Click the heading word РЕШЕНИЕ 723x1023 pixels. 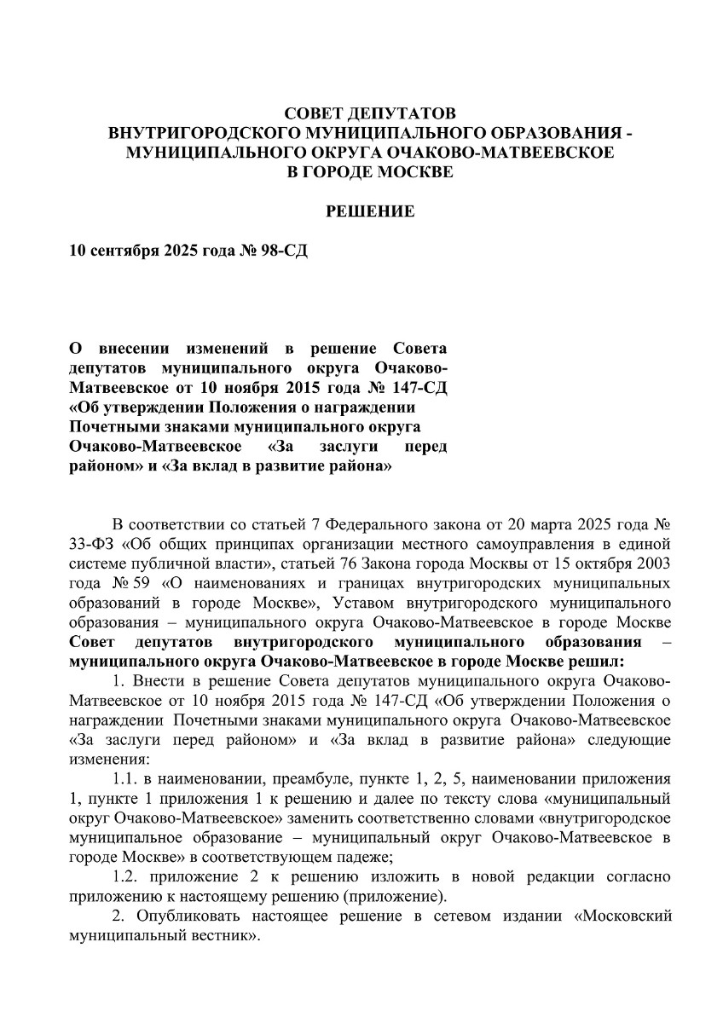coord(371,211)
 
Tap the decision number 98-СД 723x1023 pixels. coord(279,254)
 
